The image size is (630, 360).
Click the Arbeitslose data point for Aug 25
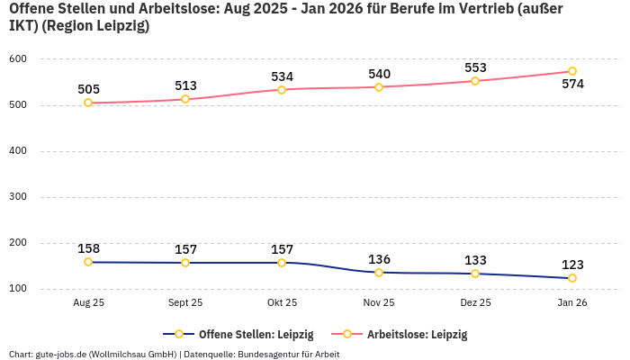tap(88, 103)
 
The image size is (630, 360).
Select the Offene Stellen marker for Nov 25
tap(378, 273)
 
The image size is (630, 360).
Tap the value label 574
tap(572, 85)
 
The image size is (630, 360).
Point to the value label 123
tap(572, 265)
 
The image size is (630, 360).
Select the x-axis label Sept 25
tap(185, 303)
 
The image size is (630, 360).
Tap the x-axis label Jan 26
tap(572, 303)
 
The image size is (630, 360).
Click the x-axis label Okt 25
tap(282, 303)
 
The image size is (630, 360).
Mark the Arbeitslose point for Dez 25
tap(475, 81)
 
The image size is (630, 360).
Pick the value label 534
tap(282, 76)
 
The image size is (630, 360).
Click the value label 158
tap(88, 248)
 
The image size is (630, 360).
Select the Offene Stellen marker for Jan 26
tap(572, 278)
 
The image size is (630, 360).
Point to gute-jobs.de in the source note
tap(60, 354)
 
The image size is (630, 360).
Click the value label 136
tap(379, 259)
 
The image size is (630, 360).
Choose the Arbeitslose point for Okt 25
tap(282, 90)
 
